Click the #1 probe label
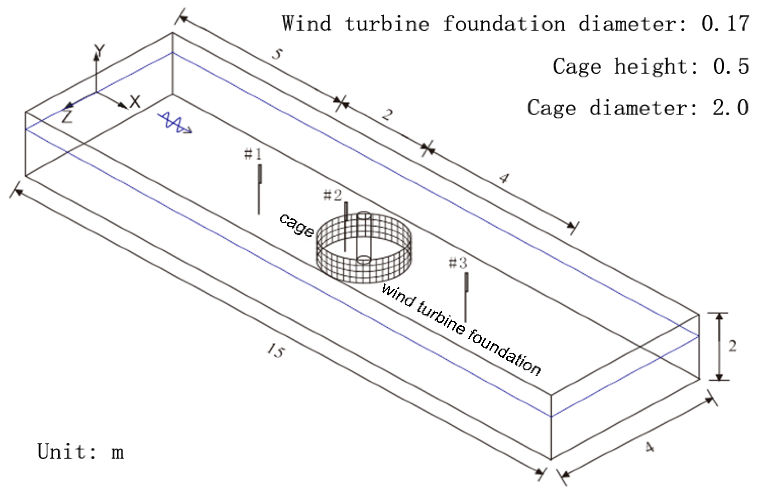tap(253, 154)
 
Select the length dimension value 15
tap(276, 351)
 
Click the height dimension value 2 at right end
tap(733, 346)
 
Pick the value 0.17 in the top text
tap(725, 24)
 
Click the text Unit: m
tap(80, 452)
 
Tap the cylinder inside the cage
tap(363, 237)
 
